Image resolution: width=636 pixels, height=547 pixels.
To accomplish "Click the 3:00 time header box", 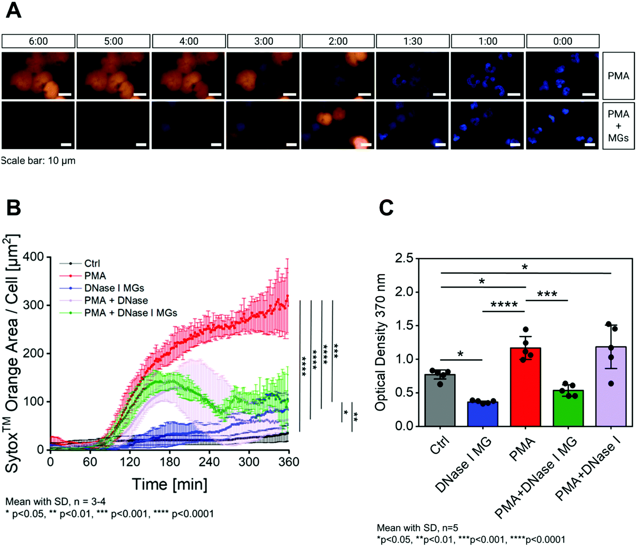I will pyautogui.click(x=264, y=41).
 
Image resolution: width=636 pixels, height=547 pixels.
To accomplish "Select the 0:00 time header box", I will pyautogui.click(x=563, y=41).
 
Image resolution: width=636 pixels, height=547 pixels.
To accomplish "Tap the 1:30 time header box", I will pyautogui.click(x=413, y=41).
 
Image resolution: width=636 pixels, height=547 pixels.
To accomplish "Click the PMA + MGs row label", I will pyautogui.click(x=618, y=126).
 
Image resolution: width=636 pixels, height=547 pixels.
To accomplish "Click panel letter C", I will pyautogui.click(x=386, y=208).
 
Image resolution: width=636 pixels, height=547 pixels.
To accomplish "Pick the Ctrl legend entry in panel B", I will pyautogui.click(x=92, y=263).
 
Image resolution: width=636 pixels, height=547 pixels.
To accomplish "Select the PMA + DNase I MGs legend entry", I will pyautogui.click(x=130, y=313).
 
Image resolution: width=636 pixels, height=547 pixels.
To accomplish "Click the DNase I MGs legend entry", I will pyautogui.click(x=114, y=288).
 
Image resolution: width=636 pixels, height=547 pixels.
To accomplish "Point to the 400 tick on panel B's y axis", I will pyautogui.click(x=33, y=257).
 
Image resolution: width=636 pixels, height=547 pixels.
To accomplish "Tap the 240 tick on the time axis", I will pyautogui.click(x=209, y=462).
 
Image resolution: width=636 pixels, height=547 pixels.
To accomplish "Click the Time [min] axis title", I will pyautogui.click(x=170, y=485).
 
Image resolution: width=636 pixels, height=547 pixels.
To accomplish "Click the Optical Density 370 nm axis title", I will pyautogui.click(x=381, y=342).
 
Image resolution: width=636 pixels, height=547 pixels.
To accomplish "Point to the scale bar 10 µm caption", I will pyautogui.click(x=38, y=161).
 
